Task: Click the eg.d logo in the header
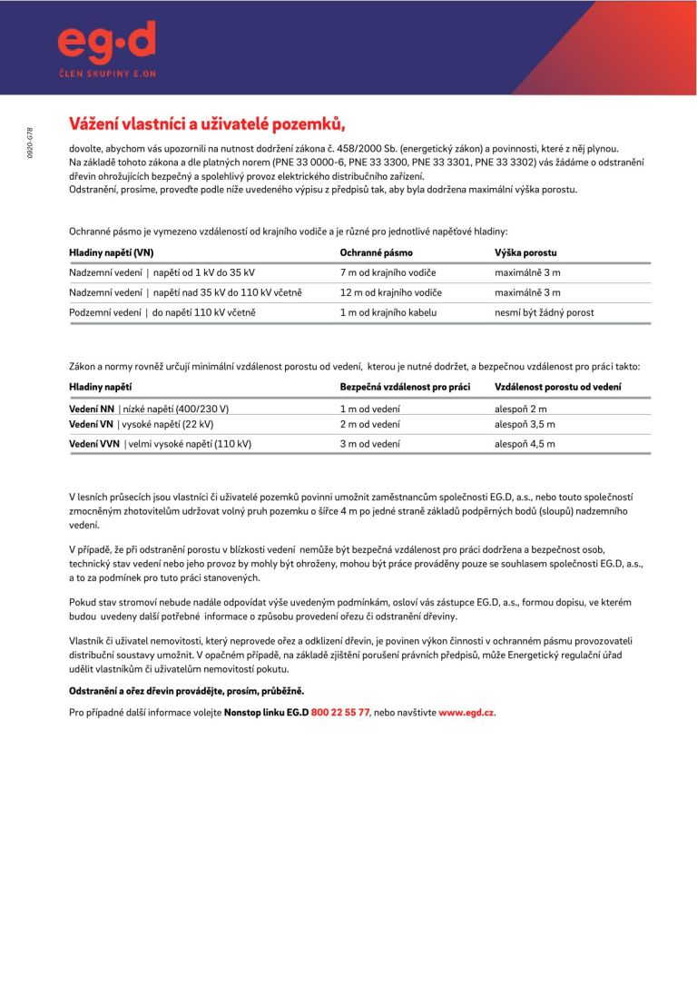(105, 43)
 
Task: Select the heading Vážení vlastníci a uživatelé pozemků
(208, 123)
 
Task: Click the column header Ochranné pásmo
(376, 252)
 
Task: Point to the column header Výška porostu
(525, 252)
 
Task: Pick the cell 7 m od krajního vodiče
(388, 272)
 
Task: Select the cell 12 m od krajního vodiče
(390, 292)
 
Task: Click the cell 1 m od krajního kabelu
(388, 312)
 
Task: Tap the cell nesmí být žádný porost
(544, 312)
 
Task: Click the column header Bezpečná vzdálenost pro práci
(405, 387)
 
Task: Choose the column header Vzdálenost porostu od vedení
(557, 387)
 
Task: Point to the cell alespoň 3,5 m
(525, 424)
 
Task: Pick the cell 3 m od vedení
(369, 444)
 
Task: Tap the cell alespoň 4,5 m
(525, 444)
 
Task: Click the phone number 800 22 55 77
(340, 713)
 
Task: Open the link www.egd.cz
(466, 713)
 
